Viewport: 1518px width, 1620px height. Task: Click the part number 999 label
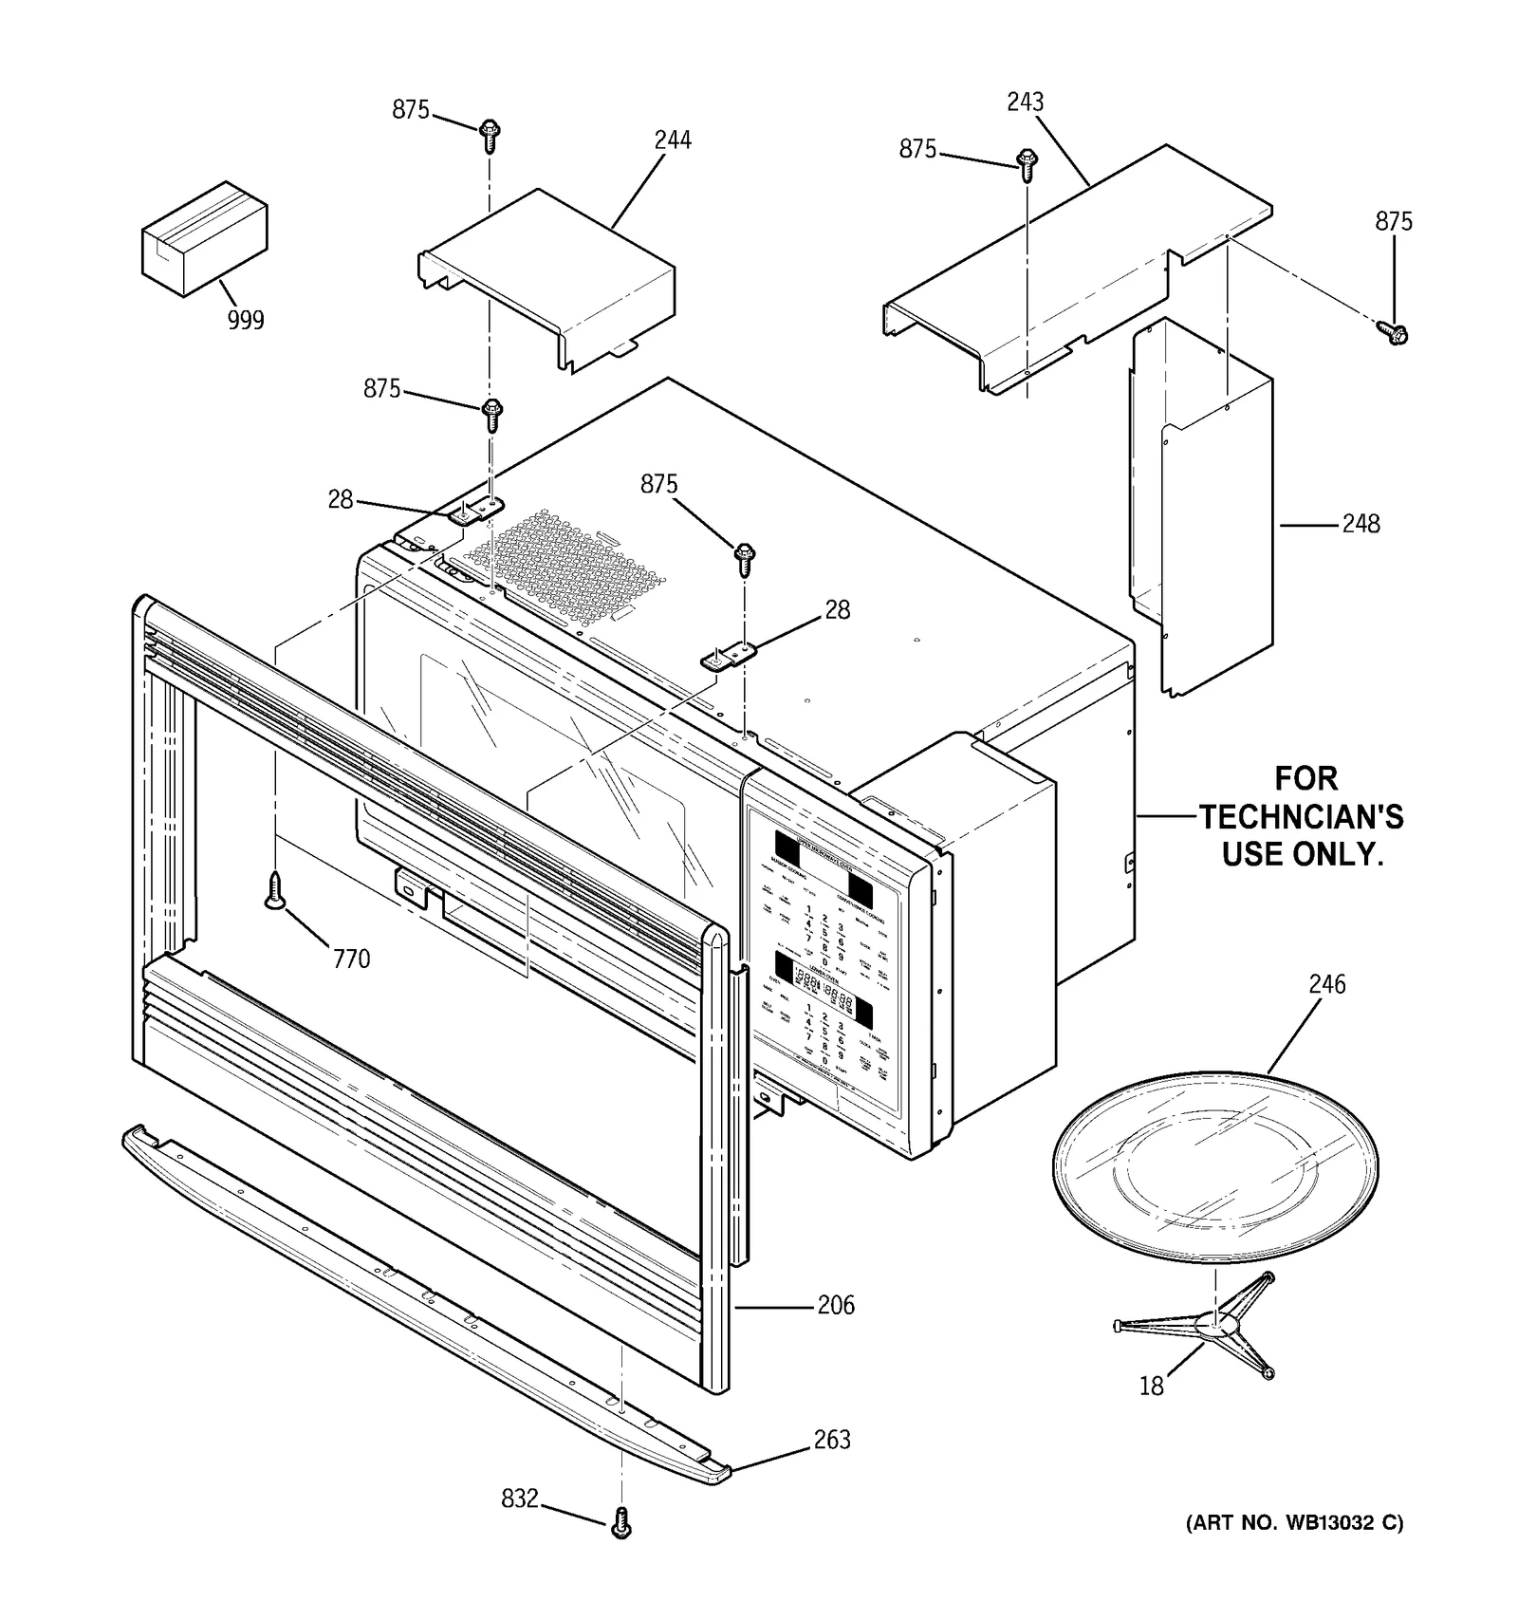coord(246,321)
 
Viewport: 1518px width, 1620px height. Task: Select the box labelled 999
coord(204,239)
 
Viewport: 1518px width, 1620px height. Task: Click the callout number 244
coord(673,140)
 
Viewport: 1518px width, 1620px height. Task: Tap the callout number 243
coord(1025,102)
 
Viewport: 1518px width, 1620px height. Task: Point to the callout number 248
coord(1361,524)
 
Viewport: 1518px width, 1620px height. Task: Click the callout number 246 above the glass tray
coord(1326,985)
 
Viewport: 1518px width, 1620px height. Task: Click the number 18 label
coord(1151,1387)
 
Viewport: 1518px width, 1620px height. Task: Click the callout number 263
coord(832,1440)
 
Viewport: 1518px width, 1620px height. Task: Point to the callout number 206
coord(836,1306)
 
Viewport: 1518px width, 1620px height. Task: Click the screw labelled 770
coord(275,891)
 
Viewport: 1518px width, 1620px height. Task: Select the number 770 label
coord(351,959)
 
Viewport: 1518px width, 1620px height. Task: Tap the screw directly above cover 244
coord(490,136)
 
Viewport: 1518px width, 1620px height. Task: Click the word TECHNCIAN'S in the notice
coord(1301,817)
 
